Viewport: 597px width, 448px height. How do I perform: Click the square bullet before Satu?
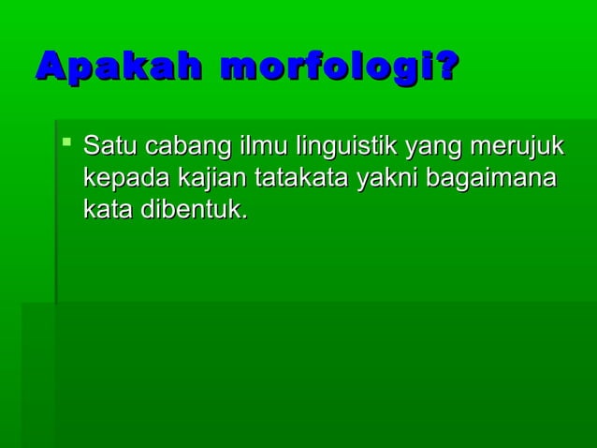pos(66,143)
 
